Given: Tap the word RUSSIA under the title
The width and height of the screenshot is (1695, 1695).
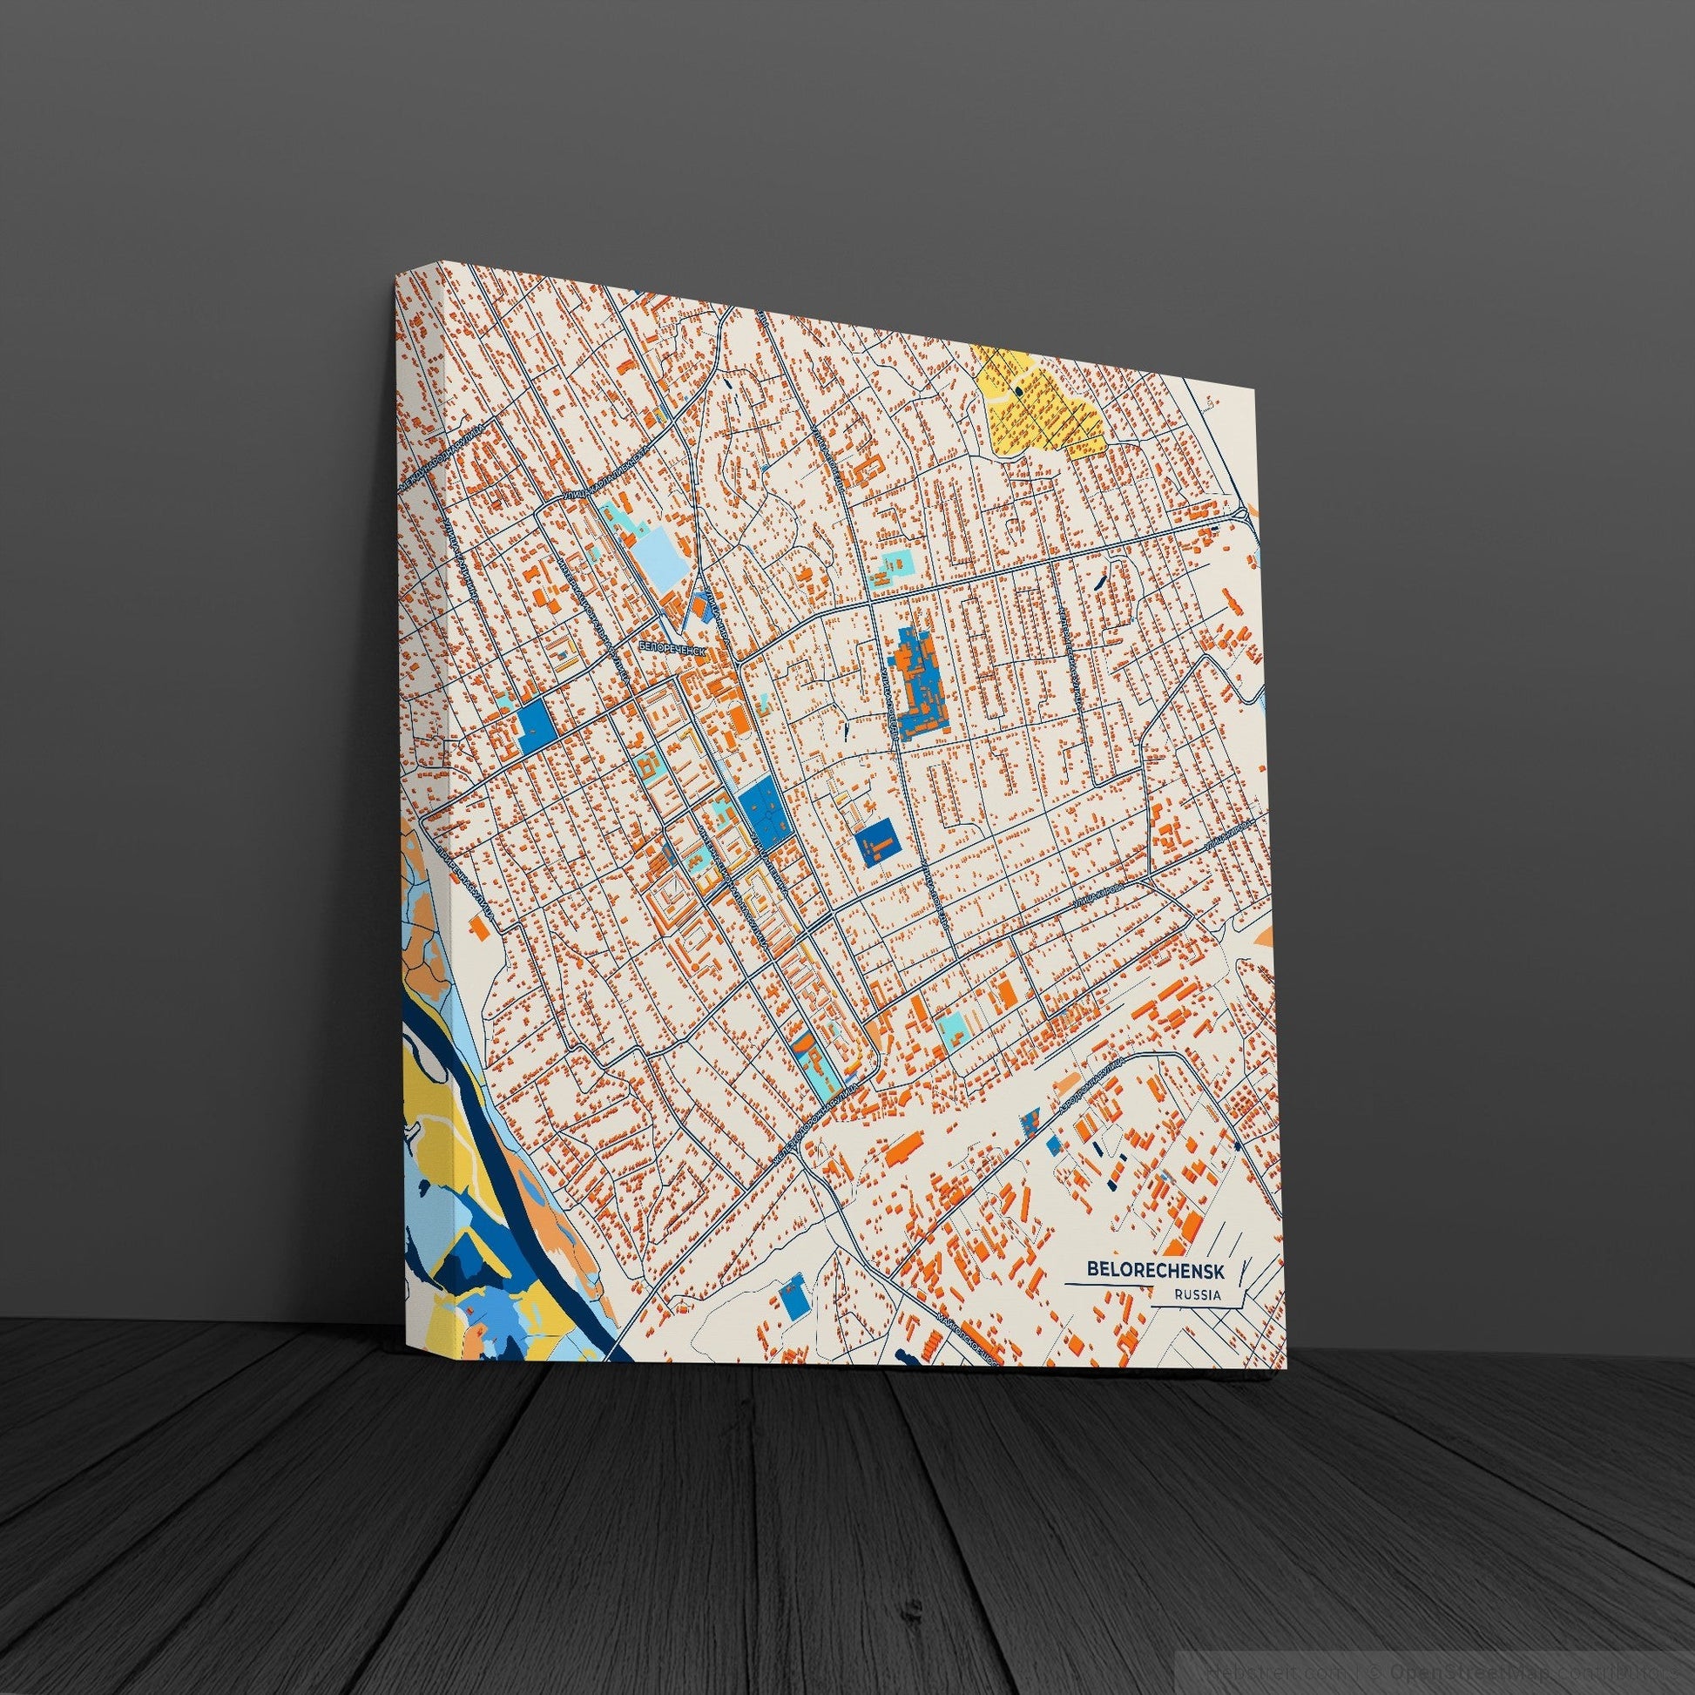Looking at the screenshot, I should click(x=1197, y=1295).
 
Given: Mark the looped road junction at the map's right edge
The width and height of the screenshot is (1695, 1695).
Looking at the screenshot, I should click(x=1243, y=513).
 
